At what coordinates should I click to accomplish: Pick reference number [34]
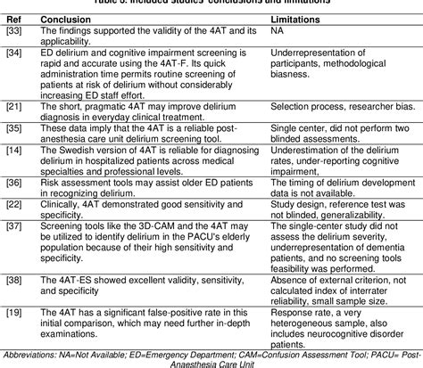coord(14,53)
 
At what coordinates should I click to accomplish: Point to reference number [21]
coord(14,106)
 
